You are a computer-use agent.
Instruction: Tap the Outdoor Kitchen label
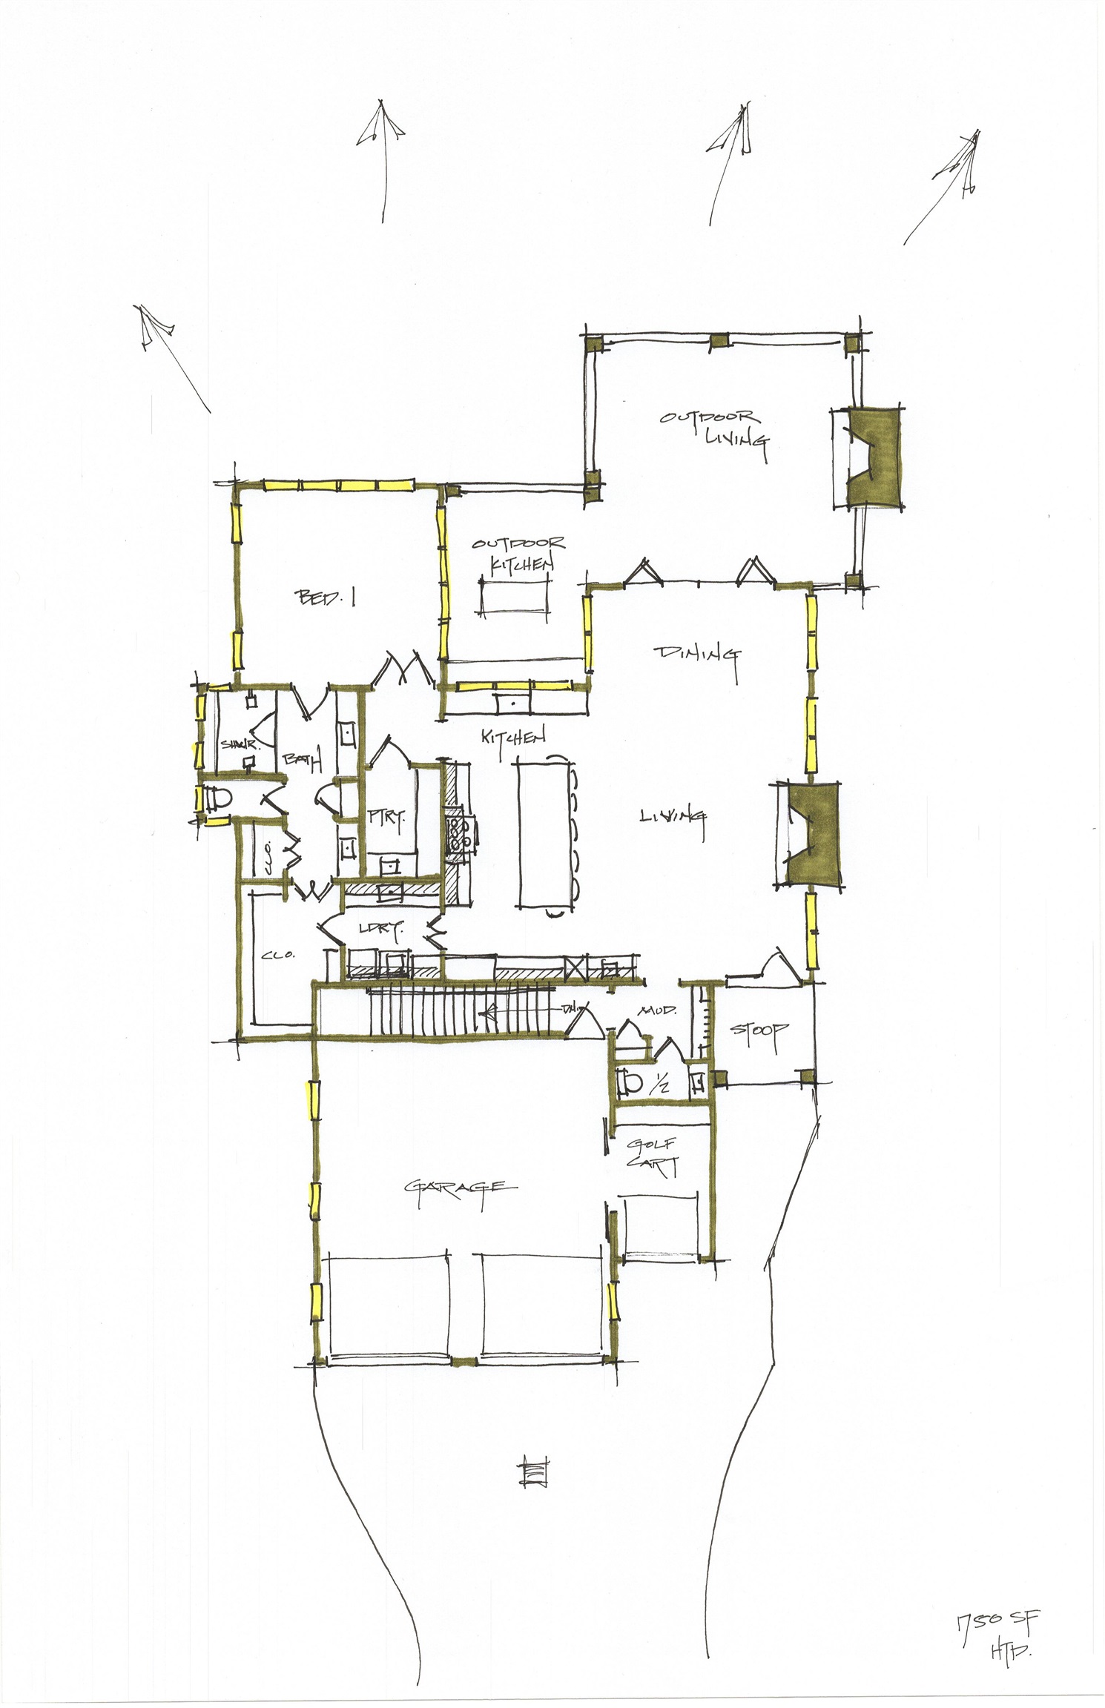tap(520, 555)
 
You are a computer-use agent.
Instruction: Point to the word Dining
tap(696, 655)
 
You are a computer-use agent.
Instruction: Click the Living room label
tap(672, 816)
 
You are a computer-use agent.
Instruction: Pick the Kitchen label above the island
tap(513, 738)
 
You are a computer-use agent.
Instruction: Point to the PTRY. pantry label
tap(386, 818)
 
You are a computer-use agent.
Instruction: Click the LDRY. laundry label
tap(380, 928)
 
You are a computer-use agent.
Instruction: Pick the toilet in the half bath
tap(630, 1083)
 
